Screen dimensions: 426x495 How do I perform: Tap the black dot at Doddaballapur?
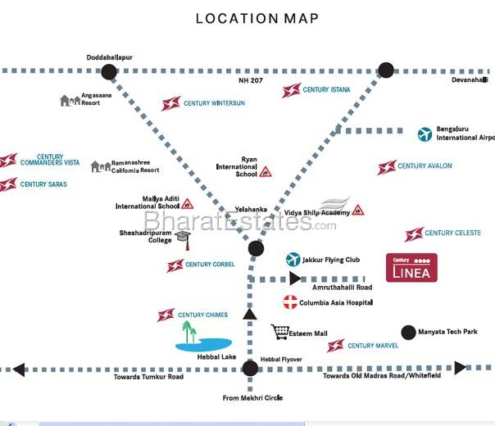[x=109, y=72]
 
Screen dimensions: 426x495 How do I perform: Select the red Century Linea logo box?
[x=411, y=268]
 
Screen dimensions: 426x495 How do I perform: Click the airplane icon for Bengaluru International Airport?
[x=425, y=134]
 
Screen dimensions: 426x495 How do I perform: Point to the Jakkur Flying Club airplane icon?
[x=293, y=260]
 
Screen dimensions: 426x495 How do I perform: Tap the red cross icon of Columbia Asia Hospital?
[x=288, y=302]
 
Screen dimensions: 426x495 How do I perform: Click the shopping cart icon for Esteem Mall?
[x=281, y=333]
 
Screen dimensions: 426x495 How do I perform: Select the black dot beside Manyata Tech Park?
[x=408, y=332]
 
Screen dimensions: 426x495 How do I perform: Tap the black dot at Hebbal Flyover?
[x=250, y=369]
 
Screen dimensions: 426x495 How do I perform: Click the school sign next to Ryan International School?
[x=266, y=172]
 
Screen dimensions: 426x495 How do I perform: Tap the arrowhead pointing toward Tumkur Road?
[x=18, y=369]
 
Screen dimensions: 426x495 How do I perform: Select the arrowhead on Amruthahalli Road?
[x=295, y=279]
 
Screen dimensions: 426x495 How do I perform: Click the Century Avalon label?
[x=424, y=166]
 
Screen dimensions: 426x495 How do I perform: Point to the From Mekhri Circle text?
[x=252, y=397]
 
